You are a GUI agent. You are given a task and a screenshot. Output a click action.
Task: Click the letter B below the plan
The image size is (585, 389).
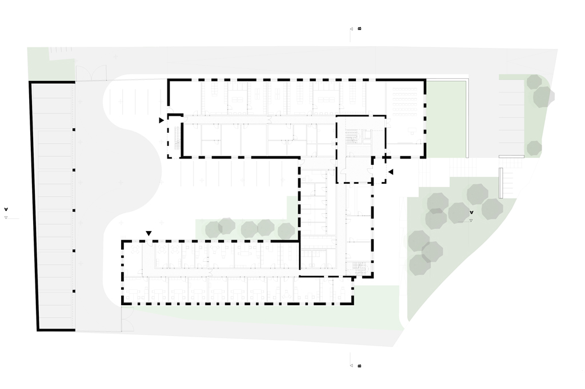[x=359, y=366]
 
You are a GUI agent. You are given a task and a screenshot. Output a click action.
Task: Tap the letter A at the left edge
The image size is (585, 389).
[x=6, y=209]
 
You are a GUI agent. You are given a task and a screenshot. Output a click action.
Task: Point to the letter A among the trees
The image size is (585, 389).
[x=471, y=213]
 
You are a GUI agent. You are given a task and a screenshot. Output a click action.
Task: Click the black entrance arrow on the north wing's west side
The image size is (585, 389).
[x=162, y=120]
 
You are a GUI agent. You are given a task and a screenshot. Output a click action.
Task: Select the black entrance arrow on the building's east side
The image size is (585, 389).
[x=391, y=172]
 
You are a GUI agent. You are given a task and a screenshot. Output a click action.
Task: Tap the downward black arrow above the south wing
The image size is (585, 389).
[x=149, y=233]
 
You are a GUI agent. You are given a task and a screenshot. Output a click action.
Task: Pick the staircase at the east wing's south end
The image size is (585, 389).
[x=360, y=267]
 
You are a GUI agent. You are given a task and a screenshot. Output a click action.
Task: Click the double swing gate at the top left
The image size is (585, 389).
[x=91, y=73]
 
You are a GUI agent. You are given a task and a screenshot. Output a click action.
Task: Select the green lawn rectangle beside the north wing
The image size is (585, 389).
[x=446, y=119]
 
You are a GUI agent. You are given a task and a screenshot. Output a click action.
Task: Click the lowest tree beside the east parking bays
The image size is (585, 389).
[x=534, y=148]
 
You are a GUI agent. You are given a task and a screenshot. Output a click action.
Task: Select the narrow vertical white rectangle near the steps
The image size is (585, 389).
[x=501, y=183]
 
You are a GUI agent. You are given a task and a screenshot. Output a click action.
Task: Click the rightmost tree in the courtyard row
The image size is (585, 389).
[x=286, y=231]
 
